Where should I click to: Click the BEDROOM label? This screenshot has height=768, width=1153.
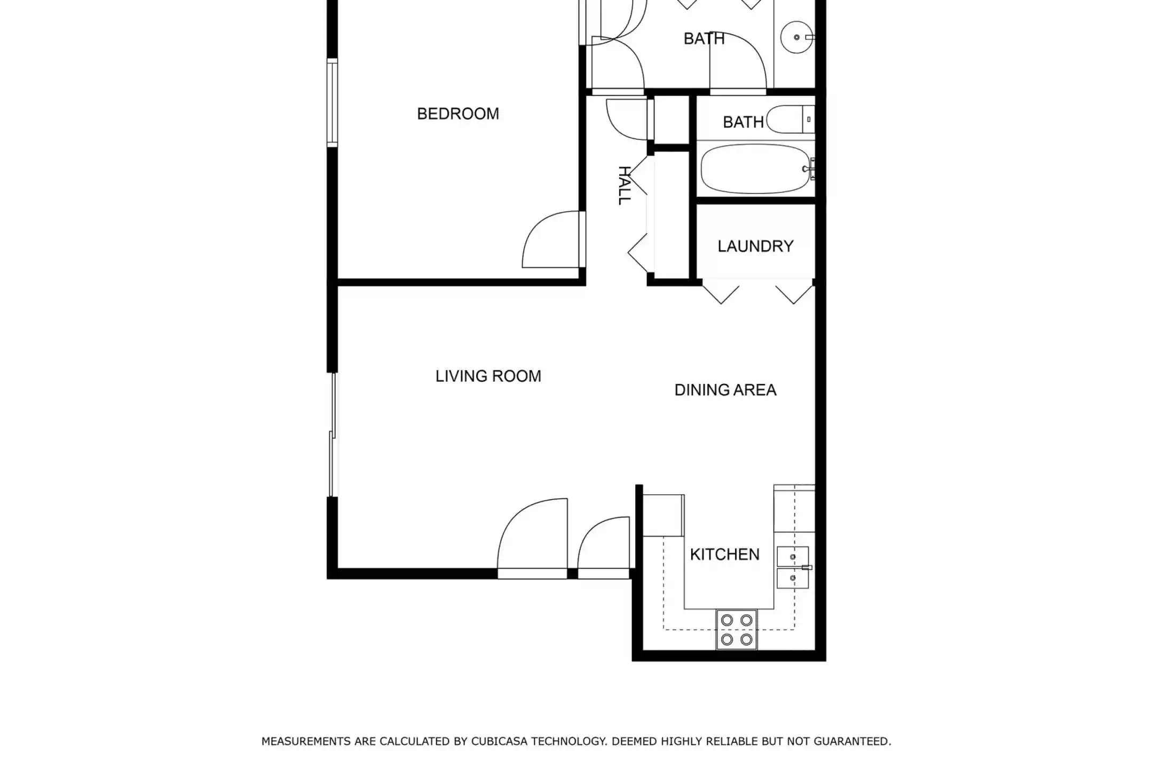click(x=458, y=114)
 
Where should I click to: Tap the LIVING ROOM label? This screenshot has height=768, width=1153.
click(x=488, y=376)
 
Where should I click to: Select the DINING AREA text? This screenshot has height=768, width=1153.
click(x=725, y=390)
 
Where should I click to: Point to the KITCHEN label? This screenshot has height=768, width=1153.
click(x=724, y=555)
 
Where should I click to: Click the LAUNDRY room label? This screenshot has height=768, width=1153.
click(x=755, y=246)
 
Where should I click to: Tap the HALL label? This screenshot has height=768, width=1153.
click(x=623, y=185)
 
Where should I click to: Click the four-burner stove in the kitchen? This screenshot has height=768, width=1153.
click(x=737, y=629)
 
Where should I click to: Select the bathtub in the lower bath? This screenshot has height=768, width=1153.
click(x=756, y=169)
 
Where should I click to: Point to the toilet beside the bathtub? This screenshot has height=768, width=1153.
click(x=791, y=119)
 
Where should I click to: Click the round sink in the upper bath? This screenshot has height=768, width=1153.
click(x=796, y=37)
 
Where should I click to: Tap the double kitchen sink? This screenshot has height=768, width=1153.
click(x=793, y=567)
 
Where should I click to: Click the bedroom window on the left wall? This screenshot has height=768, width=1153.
click(x=333, y=103)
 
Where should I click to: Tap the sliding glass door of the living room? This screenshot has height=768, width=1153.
click(x=333, y=435)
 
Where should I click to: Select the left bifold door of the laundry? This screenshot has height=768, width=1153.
click(x=721, y=295)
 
